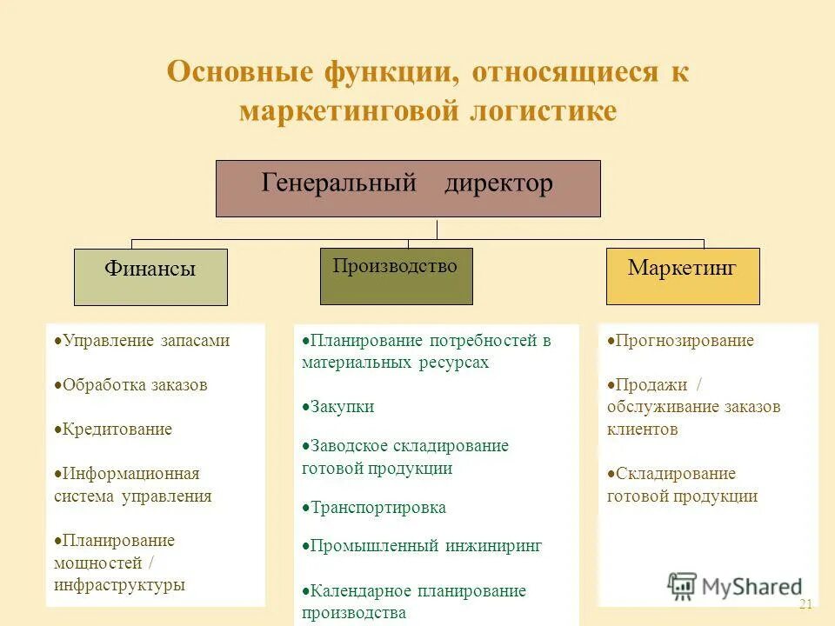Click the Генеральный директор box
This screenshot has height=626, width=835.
[x=408, y=188]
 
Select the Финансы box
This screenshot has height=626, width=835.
[x=150, y=276]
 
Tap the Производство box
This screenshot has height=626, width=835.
[x=396, y=276]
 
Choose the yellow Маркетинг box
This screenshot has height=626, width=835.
[x=682, y=276]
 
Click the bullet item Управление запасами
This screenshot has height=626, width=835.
[x=145, y=341]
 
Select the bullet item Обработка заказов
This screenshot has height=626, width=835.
[x=135, y=385]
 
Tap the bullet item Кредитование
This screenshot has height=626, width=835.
[x=117, y=430]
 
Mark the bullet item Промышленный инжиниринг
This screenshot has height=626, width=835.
[x=425, y=546]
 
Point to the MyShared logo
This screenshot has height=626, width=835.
[x=735, y=587]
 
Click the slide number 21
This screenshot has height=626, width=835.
[x=805, y=604]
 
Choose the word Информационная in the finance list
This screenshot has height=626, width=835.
[x=131, y=474]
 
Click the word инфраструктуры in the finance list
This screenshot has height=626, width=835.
[x=119, y=585]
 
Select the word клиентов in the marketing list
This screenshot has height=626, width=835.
[x=642, y=430]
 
